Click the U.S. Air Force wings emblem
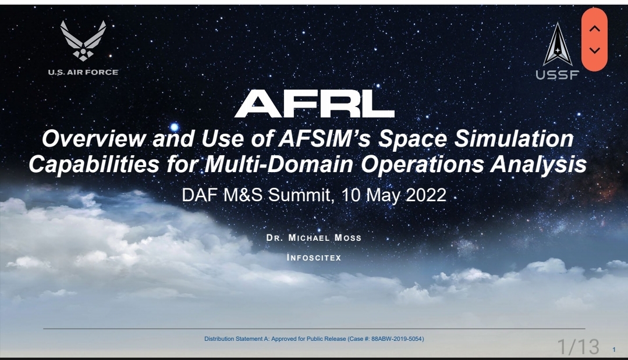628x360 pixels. coord(83,40)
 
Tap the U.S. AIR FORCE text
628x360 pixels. coord(83,72)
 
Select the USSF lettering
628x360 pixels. coord(558,75)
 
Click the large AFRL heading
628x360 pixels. coord(314,104)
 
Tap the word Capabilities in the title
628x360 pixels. coord(94,165)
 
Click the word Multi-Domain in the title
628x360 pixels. coord(279,165)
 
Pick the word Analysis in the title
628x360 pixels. coord(539,165)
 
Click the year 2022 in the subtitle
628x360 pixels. coord(426,195)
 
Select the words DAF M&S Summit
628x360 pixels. coord(256,195)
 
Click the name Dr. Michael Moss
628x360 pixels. coord(314,238)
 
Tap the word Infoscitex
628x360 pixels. coord(314,258)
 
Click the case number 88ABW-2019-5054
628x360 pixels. coord(396,339)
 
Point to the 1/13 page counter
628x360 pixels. coord(579,347)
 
